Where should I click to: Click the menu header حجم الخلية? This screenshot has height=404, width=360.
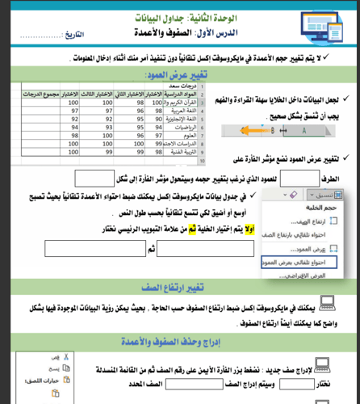[320, 209]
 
